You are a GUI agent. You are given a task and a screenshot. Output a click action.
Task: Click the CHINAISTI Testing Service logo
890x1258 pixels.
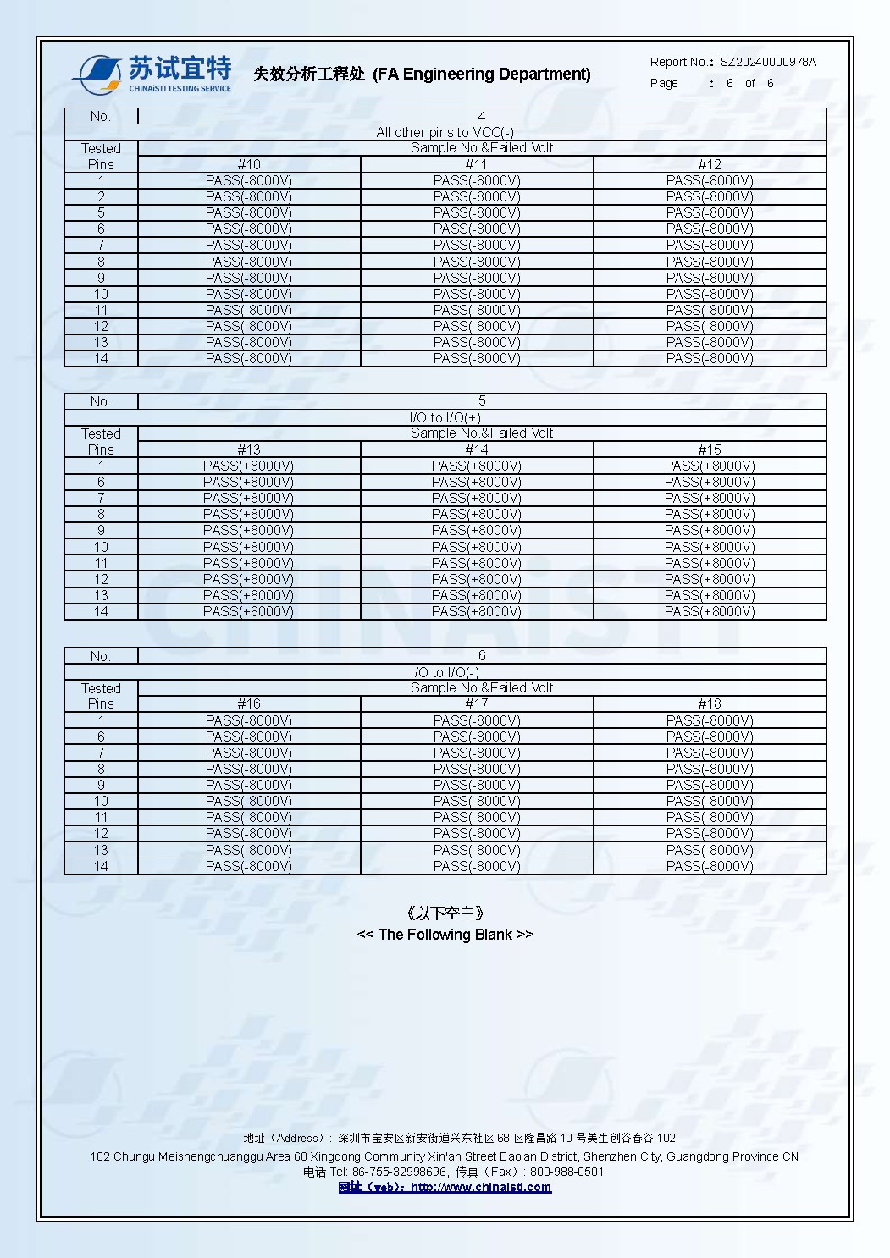pyautogui.click(x=152, y=74)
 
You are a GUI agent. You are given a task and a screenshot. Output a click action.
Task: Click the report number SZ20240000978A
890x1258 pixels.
pyautogui.click(x=768, y=62)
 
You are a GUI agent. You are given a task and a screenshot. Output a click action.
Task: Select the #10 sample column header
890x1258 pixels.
pyautogui.click(x=249, y=164)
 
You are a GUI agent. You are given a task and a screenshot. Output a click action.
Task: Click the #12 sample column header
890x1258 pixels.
pyautogui.click(x=710, y=164)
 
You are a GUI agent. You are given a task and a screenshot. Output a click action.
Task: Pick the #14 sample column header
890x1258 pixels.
pyautogui.click(x=477, y=450)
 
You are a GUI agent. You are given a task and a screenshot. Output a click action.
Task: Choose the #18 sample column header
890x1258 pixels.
pyautogui.click(x=710, y=703)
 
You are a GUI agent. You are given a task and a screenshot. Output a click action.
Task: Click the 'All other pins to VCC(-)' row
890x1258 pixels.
pyautogui.click(x=445, y=132)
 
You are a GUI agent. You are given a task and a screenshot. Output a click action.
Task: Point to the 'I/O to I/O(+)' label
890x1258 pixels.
pyautogui.click(x=445, y=417)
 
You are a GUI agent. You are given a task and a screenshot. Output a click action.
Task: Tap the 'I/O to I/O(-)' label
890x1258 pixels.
pyautogui.click(x=445, y=672)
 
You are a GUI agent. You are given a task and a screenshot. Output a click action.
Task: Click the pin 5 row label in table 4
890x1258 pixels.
pyautogui.click(x=101, y=212)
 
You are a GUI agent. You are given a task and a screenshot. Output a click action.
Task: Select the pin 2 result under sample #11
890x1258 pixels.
pyautogui.click(x=477, y=196)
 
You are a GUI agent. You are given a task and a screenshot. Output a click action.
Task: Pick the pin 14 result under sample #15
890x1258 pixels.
pyautogui.click(x=710, y=611)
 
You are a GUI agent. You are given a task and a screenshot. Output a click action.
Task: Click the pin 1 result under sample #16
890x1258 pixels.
pyautogui.click(x=249, y=720)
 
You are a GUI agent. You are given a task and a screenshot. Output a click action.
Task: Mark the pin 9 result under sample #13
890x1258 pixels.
pyautogui.click(x=249, y=530)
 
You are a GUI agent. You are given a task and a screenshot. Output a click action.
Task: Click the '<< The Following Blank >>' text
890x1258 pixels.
pyautogui.click(x=445, y=935)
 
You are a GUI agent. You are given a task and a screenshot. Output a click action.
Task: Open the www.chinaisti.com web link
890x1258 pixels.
pyautogui.click(x=480, y=1187)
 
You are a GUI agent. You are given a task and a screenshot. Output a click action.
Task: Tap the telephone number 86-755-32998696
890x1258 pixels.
pyautogui.click(x=400, y=1172)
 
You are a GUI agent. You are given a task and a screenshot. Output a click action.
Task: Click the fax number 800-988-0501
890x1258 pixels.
pyautogui.click(x=567, y=1172)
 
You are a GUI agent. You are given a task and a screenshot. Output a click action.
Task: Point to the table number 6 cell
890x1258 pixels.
pyautogui.click(x=482, y=655)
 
